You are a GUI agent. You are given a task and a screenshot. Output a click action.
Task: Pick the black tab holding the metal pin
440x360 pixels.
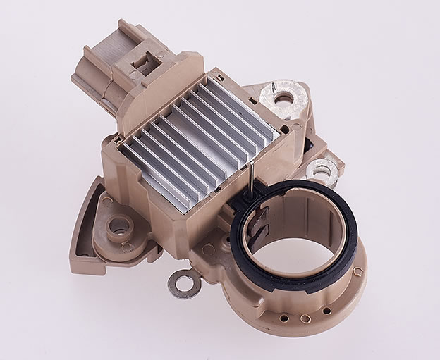pos(251,189)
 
